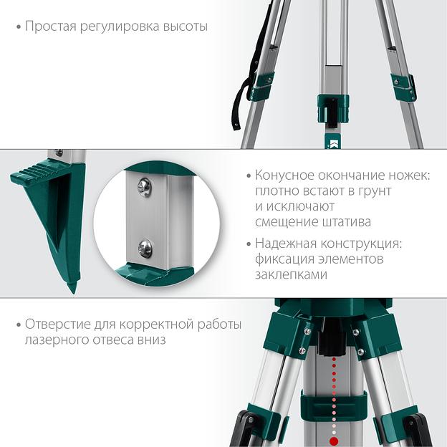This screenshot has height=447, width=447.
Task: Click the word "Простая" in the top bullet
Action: point(51,27)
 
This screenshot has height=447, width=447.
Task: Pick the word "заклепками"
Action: point(291,274)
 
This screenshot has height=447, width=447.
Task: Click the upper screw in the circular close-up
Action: point(145,187)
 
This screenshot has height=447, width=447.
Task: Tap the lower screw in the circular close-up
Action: point(145,249)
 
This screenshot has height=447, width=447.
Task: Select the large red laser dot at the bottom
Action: point(334,440)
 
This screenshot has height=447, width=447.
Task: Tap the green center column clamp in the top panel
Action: point(333,109)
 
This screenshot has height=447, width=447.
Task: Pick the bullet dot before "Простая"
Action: point(19,27)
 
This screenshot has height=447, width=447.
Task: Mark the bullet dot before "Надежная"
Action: point(249,244)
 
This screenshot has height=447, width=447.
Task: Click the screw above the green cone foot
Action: point(59,153)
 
